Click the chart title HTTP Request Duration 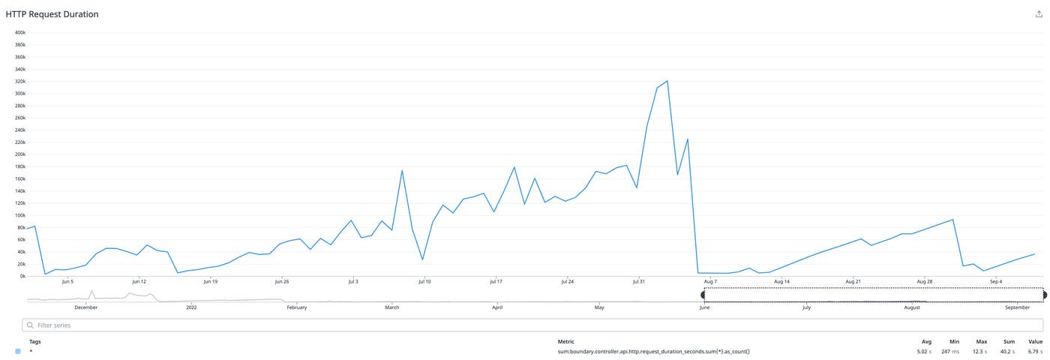52,14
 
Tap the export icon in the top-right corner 1039,14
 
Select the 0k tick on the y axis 22,276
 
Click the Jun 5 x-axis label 67,282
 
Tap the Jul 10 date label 424,282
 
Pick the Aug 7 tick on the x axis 710,282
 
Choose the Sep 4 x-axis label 996,282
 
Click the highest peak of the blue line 667,81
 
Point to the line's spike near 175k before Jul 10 402,170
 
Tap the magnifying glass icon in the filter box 30,325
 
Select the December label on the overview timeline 86,307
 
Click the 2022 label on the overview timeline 191,307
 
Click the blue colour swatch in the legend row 18,351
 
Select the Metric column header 566,341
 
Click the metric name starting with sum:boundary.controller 653,351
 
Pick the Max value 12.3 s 981,351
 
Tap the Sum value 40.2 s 1008,351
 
